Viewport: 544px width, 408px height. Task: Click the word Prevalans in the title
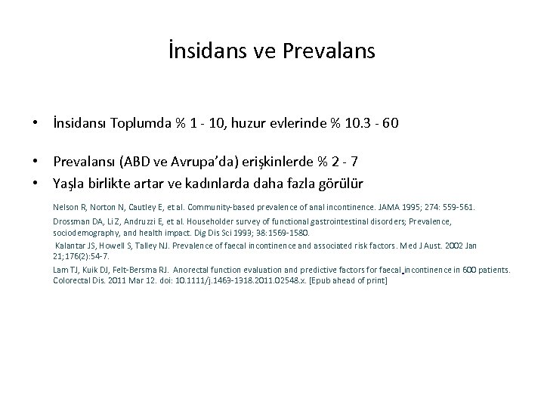click(329, 53)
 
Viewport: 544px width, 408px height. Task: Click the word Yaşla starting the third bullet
click(71, 183)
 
